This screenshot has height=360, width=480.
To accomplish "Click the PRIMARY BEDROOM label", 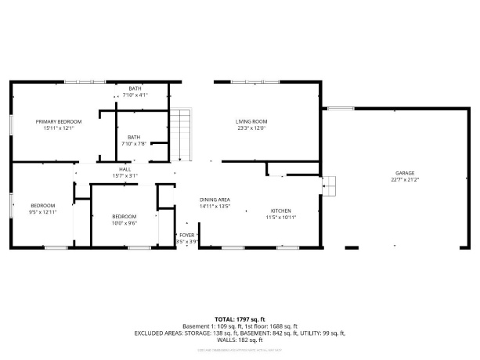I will [59, 121].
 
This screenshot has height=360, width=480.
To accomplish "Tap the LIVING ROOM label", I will [252, 121].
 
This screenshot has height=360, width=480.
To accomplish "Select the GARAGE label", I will [404, 173].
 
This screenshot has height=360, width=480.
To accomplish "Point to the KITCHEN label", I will [281, 211].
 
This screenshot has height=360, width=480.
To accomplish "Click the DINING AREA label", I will [214, 200].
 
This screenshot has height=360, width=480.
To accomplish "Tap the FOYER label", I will [186, 235].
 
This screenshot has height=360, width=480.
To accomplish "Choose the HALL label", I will [125, 169].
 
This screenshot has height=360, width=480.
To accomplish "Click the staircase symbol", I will [181, 133].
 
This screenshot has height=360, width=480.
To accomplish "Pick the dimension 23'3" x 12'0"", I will [252, 128].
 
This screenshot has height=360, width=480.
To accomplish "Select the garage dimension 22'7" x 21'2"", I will [404, 179].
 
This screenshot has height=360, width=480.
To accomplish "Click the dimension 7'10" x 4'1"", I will [135, 95].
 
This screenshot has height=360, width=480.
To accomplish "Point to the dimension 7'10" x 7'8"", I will [134, 143].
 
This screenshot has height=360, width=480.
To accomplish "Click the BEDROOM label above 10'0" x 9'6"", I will [124, 216].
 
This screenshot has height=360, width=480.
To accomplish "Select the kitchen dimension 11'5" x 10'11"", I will [281, 217].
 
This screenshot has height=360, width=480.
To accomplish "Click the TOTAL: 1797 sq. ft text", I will [240, 320].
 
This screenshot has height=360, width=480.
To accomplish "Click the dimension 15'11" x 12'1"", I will [59, 128].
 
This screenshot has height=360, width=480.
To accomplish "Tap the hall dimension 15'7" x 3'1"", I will [125, 175].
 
